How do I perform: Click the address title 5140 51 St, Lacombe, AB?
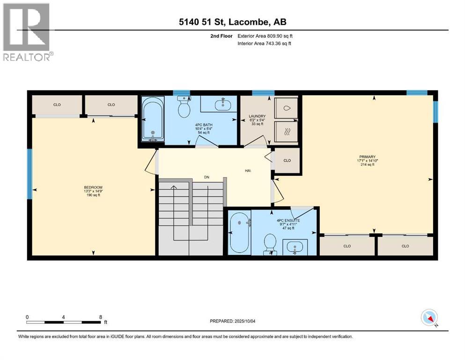232,22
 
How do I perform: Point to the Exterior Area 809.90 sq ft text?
265,36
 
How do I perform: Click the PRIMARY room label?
368,161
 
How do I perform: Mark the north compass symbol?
429,318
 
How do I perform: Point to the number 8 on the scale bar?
101,316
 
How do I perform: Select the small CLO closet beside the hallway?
287,161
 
